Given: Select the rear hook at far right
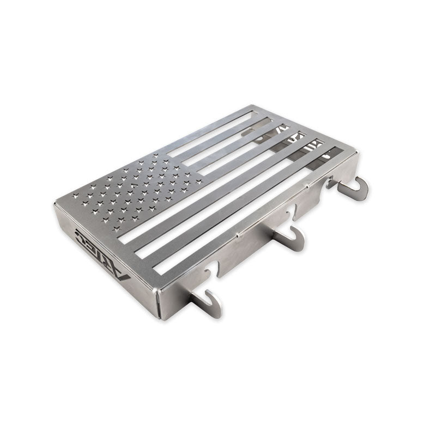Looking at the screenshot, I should tap(354, 188).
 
